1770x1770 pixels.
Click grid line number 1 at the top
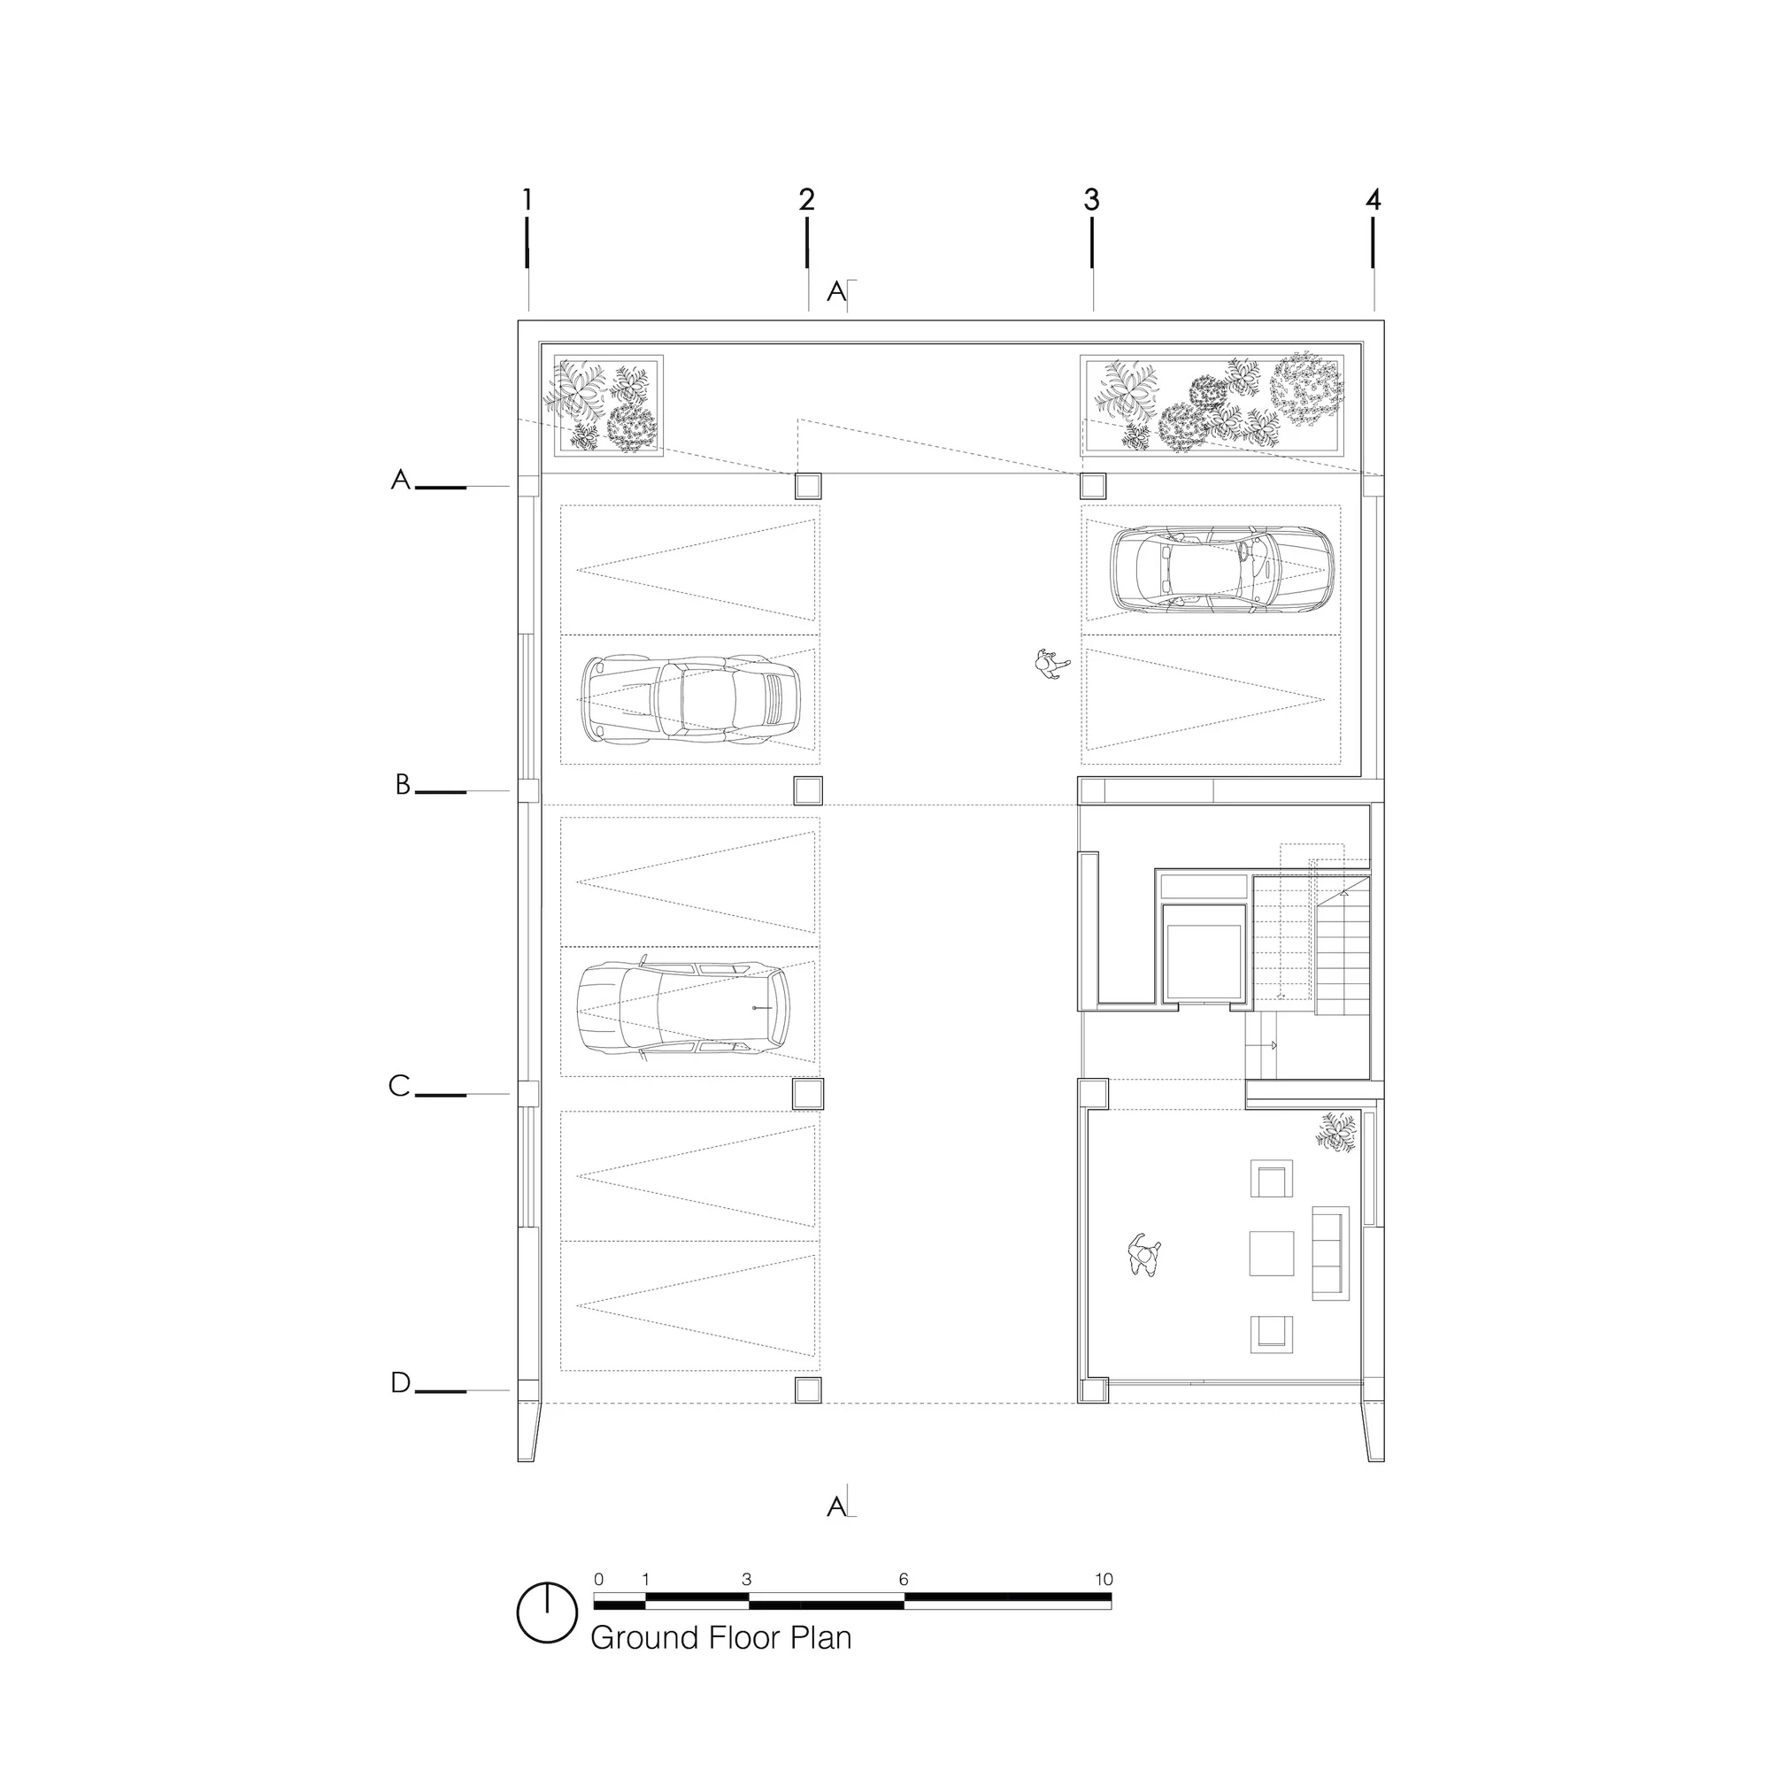pos(527,199)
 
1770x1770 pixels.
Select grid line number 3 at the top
pos(1091,199)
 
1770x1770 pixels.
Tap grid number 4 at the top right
pos(1373,199)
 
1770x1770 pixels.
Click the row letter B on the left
pos(402,784)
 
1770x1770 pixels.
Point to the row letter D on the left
pos(400,1382)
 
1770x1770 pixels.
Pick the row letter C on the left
pos(398,1086)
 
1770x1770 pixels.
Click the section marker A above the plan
pos(836,291)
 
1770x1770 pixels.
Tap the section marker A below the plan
pos(836,1506)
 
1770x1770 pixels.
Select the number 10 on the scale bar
pos(1103,1579)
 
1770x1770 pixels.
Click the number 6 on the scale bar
pos(904,1579)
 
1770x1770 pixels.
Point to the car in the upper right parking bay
pos(1222,569)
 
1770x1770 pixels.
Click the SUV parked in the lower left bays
pos(683,1008)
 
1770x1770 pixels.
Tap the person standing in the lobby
pos(1144,1254)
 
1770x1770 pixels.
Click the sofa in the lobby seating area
pos(1331,1252)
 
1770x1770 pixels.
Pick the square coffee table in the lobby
pos(1272,1253)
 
